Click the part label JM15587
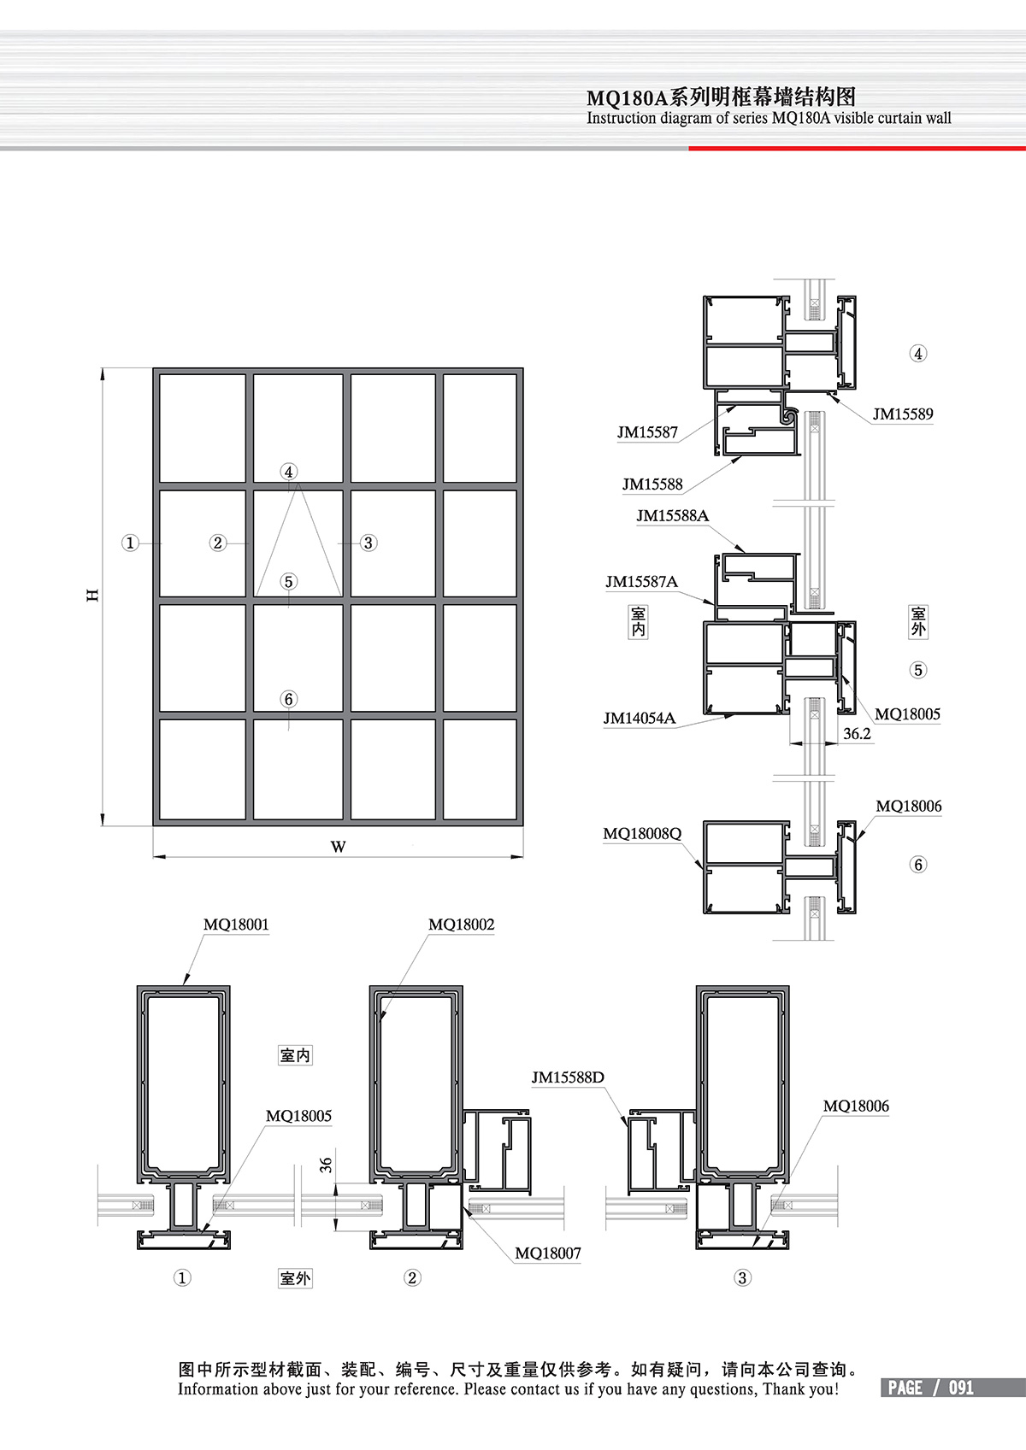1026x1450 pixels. coord(647,432)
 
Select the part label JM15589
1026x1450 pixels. coord(902,414)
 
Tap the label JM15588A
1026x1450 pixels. coord(672,516)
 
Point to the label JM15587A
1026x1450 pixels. coord(641,582)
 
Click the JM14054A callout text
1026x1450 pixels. coord(639,719)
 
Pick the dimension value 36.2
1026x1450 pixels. coord(857,734)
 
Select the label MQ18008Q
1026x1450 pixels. coord(642,834)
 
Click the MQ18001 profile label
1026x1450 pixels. coord(236,925)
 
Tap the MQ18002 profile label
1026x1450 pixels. coord(461,925)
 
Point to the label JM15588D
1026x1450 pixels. coord(568,1077)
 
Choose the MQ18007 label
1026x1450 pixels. coord(547,1253)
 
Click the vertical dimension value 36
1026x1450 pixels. coord(326,1165)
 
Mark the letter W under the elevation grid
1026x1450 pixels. coord(339,847)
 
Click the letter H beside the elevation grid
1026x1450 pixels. coord(92,595)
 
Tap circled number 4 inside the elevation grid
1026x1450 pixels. coord(289,472)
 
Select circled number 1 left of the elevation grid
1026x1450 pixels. coord(130,543)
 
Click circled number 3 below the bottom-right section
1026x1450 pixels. coord(742,1278)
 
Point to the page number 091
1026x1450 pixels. coord(961,1388)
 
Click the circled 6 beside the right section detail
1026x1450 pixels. coord(918,865)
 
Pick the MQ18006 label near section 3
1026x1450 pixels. coord(856,1107)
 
